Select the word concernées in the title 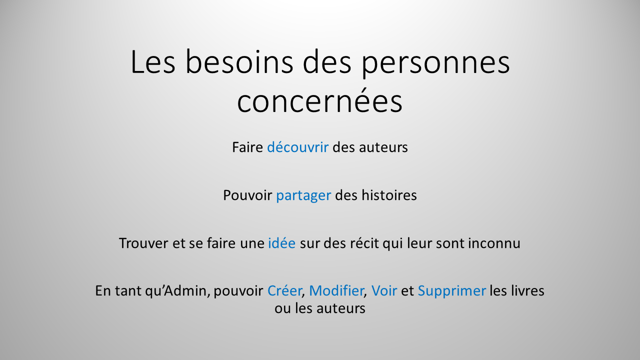coord(319,102)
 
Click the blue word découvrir coord(297,147)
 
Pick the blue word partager coord(303,195)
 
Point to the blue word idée coord(282,243)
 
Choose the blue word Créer coord(284,290)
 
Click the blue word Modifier coord(336,290)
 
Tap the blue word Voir coord(384,290)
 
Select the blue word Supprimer coord(451,290)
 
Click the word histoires coord(391,195)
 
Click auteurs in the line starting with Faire coord(383,147)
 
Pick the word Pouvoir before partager coord(247,195)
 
